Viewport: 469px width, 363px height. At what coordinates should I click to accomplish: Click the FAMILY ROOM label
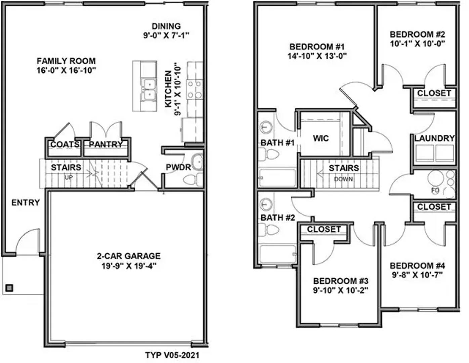pyautogui.click(x=66, y=61)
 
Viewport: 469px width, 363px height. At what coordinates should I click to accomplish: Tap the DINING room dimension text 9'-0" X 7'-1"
pyautogui.click(x=166, y=35)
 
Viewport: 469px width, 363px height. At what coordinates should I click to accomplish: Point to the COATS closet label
pyautogui.click(x=65, y=145)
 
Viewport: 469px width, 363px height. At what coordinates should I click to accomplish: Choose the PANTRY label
pyautogui.click(x=105, y=145)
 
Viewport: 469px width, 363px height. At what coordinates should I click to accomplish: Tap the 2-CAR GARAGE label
pyautogui.click(x=129, y=256)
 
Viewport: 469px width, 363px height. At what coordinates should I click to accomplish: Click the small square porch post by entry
pyautogui.click(x=9, y=288)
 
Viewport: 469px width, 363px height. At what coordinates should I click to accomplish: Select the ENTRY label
pyautogui.click(x=26, y=203)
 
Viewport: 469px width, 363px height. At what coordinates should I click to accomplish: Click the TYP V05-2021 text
pyautogui.click(x=172, y=355)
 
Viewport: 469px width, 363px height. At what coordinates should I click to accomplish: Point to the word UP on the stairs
pyautogui.click(x=68, y=177)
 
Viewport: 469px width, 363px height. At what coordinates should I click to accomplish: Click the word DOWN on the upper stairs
pyautogui.click(x=343, y=179)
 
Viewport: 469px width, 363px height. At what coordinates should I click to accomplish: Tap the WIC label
pyautogui.click(x=321, y=138)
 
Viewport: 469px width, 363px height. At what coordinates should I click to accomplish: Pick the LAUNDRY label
pyautogui.click(x=434, y=138)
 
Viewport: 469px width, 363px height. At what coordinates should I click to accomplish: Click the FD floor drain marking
pyautogui.click(x=435, y=191)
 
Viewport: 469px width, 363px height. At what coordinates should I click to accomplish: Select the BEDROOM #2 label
pyautogui.click(x=417, y=34)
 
